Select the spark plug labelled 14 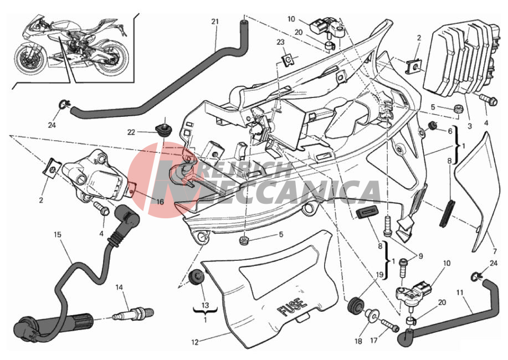click(x=132, y=313)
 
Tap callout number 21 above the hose click(x=215, y=22)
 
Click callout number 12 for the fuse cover click(x=194, y=342)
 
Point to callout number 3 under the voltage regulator click(x=469, y=126)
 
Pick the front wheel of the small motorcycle click(x=30, y=58)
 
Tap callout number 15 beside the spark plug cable click(x=58, y=234)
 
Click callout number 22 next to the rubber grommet click(x=131, y=132)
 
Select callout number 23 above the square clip click(x=280, y=42)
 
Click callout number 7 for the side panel click(x=495, y=251)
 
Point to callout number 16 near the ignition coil click(x=160, y=202)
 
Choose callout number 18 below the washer click(x=358, y=341)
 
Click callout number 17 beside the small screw click(x=374, y=341)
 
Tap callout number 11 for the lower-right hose click(x=460, y=292)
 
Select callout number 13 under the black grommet click(x=205, y=305)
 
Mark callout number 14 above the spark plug click(x=119, y=287)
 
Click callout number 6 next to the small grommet click(x=450, y=131)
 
